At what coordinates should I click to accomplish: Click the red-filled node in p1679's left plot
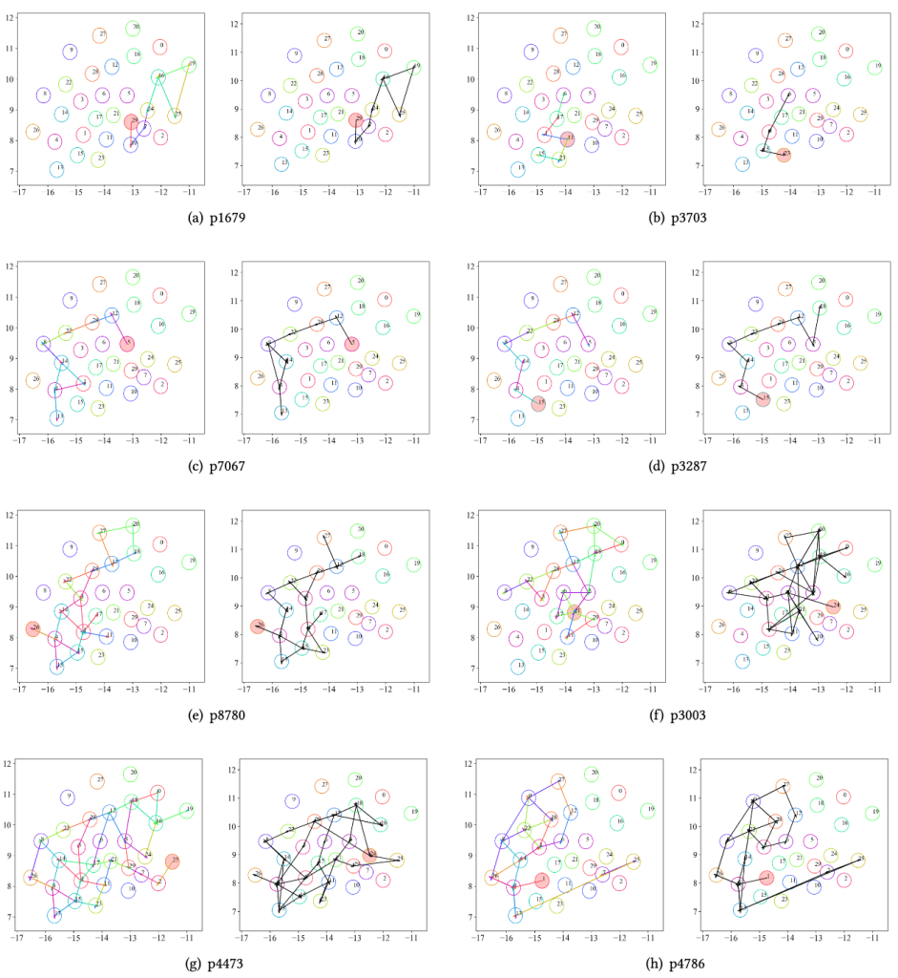132,122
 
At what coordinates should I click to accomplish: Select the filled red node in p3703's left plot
567,139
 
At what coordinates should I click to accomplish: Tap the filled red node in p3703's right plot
783,153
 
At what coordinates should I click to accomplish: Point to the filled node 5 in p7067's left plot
127,343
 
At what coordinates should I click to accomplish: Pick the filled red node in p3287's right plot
762,398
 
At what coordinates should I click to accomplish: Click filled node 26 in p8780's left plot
33,628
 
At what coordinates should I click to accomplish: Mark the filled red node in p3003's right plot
832,606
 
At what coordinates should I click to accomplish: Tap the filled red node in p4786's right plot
767,877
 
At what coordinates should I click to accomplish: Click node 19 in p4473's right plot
412,813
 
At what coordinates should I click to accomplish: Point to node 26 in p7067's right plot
257,377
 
